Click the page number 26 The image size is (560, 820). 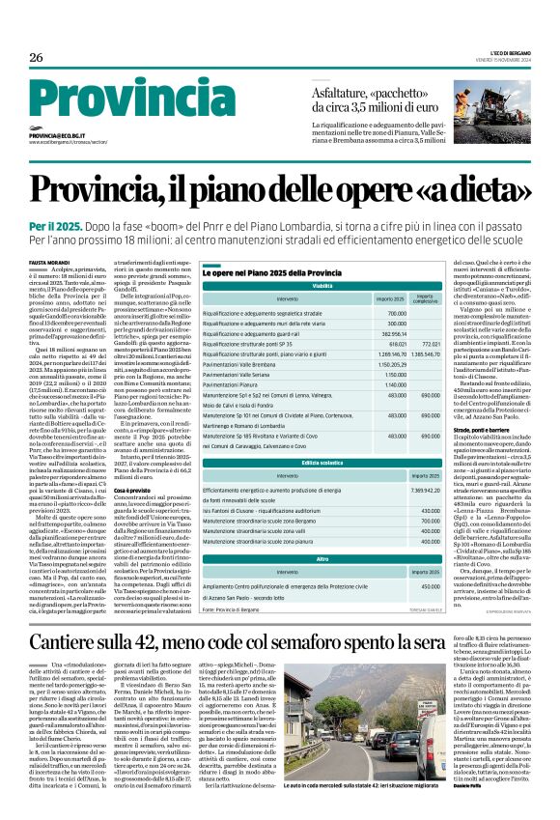tap(37, 58)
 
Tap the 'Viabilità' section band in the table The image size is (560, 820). tap(322, 287)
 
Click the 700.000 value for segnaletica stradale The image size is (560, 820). tap(396, 313)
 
